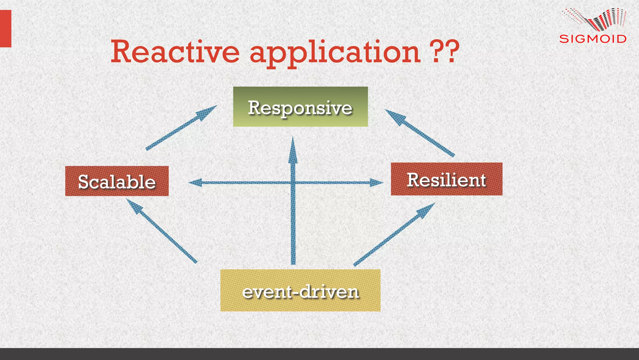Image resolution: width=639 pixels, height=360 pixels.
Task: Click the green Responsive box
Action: pyautogui.click(x=300, y=107)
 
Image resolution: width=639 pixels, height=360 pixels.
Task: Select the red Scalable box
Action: pyautogui.click(x=117, y=181)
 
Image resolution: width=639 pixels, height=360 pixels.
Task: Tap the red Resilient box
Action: pyautogui.click(x=446, y=179)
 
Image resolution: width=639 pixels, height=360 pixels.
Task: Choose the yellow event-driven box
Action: pyautogui.click(x=300, y=290)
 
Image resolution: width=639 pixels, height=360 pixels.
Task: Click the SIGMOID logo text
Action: pyautogui.click(x=593, y=39)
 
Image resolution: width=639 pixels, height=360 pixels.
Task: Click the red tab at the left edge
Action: pyautogui.click(x=5, y=28)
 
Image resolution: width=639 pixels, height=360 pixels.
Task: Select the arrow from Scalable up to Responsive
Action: pyautogui.click(x=181, y=128)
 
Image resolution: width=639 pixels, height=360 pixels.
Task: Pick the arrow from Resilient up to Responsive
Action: pyautogui.click(x=420, y=132)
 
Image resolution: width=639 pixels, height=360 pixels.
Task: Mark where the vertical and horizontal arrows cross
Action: pyautogui.click(x=293, y=183)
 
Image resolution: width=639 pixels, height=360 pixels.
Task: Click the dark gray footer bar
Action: pyautogui.click(x=319, y=354)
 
